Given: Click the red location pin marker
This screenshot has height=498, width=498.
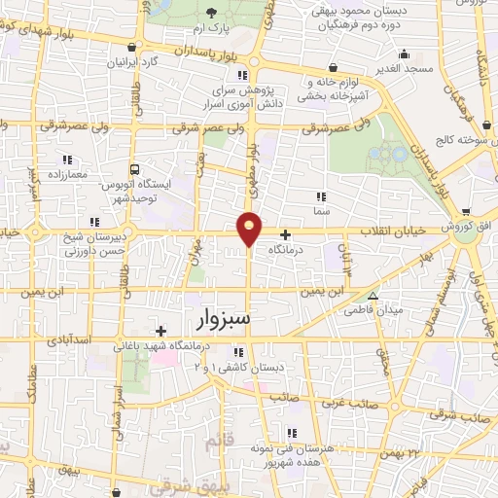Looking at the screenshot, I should click(250, 228).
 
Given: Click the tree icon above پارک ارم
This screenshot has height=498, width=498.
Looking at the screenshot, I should click(212, 13).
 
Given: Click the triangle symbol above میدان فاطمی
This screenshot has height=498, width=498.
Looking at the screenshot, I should click(373, 296).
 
